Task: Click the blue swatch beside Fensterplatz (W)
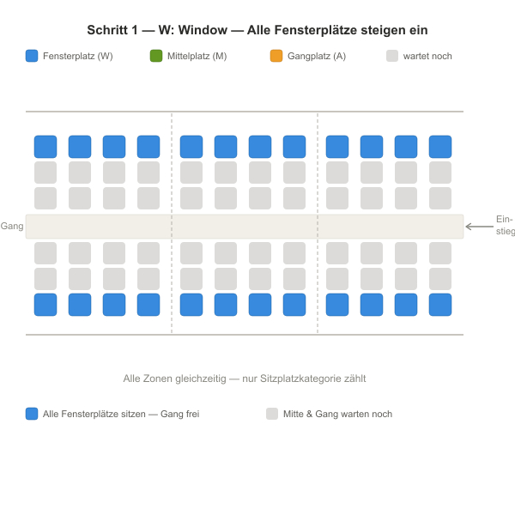point(32,56)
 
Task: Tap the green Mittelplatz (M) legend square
point(156,56)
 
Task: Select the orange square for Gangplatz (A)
point(276,56)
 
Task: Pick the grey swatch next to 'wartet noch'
point(392,56)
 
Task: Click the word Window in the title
point(203,30)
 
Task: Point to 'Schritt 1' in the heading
point(112,30)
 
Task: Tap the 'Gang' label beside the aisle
point(12,227)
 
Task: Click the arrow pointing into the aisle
point(480,227)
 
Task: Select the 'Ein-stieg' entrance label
point(506,225)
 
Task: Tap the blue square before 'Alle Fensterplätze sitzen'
point(32,414)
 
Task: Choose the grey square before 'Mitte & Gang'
point(272,414)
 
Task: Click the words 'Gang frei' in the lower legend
point(179,414)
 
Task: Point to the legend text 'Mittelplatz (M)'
point(197,56)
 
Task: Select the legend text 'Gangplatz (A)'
point(317,56)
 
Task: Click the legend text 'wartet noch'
point(427,56)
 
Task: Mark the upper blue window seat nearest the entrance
point(440,147)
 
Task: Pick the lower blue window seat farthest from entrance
point(45,305)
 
